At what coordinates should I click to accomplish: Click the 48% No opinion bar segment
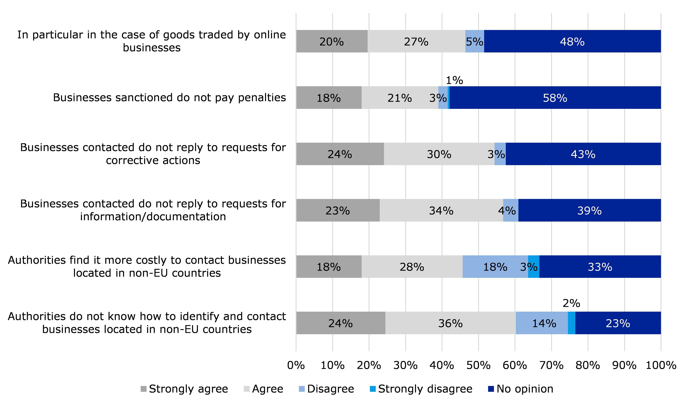pos(572,41)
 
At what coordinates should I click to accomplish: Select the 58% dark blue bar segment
pos(555,98)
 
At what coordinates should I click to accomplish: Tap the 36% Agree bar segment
pos(450,323)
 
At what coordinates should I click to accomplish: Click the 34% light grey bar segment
pos(441,210)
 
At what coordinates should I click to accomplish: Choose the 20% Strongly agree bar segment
pos(332,41)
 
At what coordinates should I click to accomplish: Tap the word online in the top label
pos(270,35)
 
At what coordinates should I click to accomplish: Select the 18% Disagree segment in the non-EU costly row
pos(495,267)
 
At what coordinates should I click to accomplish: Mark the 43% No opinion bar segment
pos(583,154)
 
